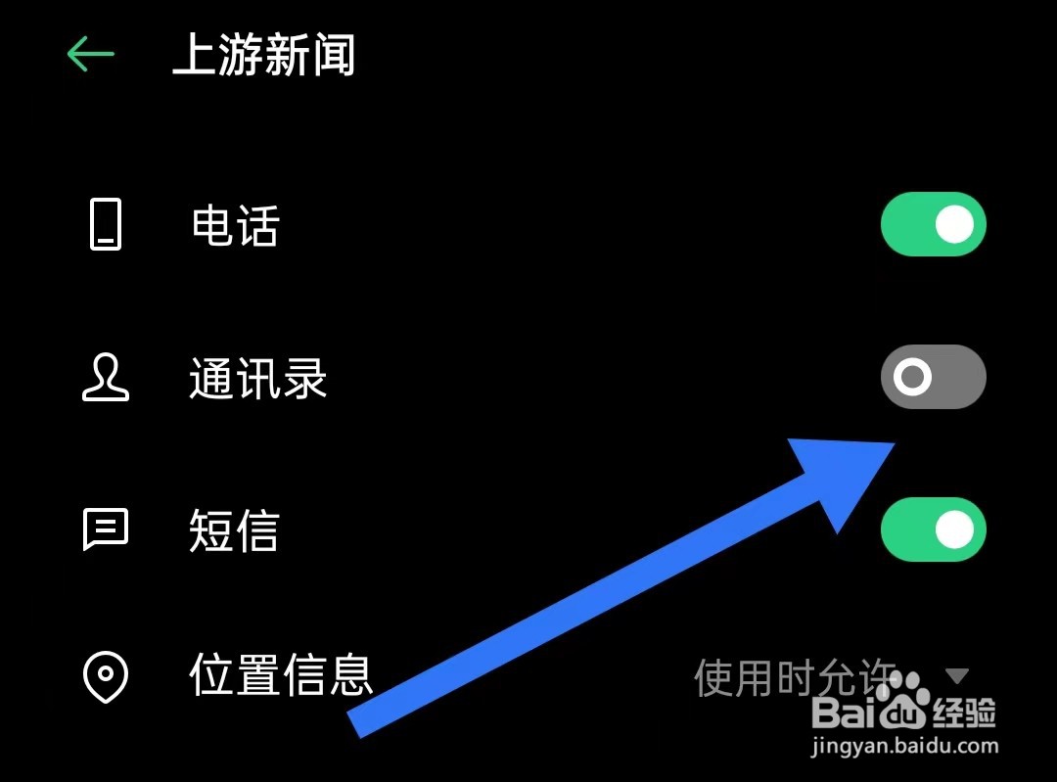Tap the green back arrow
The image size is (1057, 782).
click(x=91, y=54)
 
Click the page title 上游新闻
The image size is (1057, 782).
click(x=263, y=55)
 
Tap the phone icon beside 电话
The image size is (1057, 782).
click(x=106, y=224)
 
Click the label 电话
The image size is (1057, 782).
click(x=235, y=226)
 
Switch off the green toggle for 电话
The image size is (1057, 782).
click(x=933, y=224)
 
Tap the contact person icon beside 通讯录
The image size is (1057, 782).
click(x=105, y=378)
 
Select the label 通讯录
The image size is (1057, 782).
click(x=258, y=379)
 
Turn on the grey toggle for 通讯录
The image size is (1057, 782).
click(x=933, y=377)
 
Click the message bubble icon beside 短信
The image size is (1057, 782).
click(x=105, y=530)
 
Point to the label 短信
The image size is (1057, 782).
click(x=235, y=531)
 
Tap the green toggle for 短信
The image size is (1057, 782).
click(x=933, y=529)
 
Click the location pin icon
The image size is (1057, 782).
click(x=105, y=675)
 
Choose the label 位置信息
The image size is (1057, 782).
click(x=282, y=675)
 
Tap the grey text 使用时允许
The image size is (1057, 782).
click(x=795, y=676)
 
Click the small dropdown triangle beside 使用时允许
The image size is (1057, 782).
click(x=957, y=675)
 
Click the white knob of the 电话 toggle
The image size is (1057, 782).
click(x=954, y=224)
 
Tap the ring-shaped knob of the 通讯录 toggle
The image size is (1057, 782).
click(x=912, y=377)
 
